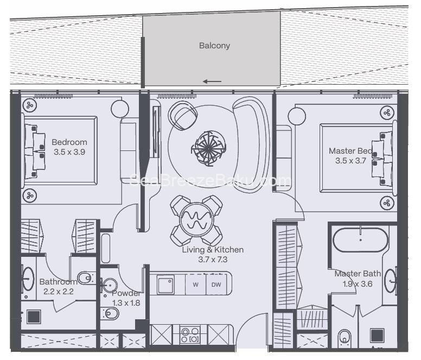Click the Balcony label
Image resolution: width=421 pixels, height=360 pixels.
pyautogui.click(x=214, y=46)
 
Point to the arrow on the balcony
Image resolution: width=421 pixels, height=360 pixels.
pyautogui.click(x=212, y=82)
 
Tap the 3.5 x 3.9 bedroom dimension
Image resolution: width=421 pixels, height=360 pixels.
pyautogui.click(x=69, y=152)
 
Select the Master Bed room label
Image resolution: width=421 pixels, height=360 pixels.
pyautogui.click(x=350, y=151)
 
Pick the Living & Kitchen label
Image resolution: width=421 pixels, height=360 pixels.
pyautogui.click(x=213, y=250)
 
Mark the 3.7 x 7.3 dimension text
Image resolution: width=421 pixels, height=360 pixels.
pyautogui.click(x=213, y=260)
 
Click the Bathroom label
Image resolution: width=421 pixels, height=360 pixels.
pyautogui.click(x=58, y=282)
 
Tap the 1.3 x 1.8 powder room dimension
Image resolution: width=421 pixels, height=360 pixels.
pyautogui.click(x=126, y=303)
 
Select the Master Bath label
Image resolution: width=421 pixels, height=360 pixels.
pyautogui.click(x=357, y=274)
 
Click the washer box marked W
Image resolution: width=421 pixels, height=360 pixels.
pyautogui.click(x=195, y=285)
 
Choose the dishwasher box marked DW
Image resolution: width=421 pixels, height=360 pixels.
pyautogui.click(x=216, y=285)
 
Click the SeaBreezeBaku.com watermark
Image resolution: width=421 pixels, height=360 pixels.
pyautogui.click(x=212, y=181)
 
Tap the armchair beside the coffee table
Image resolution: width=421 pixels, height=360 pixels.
pyautogui.click(x=183, y=115)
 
